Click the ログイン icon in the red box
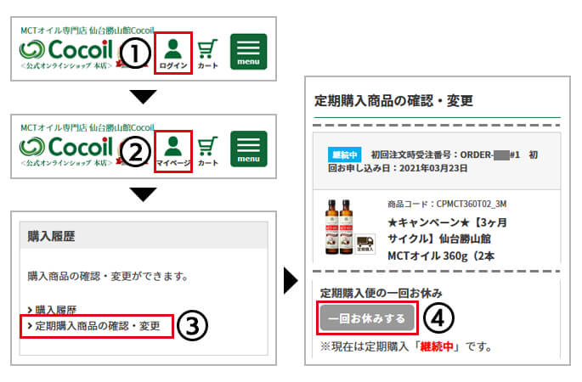(173, 53)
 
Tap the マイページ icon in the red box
(173, 150)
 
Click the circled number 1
(135, 53)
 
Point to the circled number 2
(135, 151)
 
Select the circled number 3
(195, 325)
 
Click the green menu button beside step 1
(248, 52)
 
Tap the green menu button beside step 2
(248, 149)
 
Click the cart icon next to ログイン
(208, 53)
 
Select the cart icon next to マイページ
(208, 150)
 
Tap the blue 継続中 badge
(345, 155)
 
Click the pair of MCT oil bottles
(338, 228)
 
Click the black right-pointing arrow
(291, 280)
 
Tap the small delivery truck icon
(365, 245)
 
